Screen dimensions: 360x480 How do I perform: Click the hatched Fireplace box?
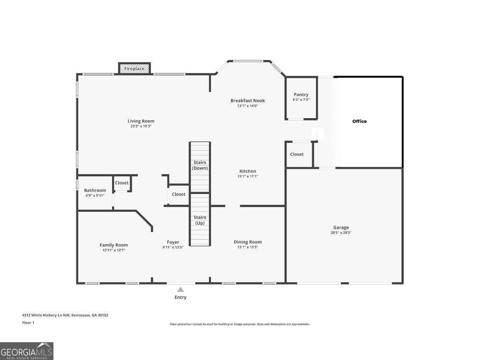[134, 68]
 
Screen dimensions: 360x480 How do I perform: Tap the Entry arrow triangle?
[180, 290]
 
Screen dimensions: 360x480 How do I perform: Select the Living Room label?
[141, 121]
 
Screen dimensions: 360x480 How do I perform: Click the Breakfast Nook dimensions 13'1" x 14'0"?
[247, 106]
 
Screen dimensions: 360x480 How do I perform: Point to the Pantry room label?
[301, 95]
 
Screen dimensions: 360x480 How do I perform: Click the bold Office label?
[360, 121]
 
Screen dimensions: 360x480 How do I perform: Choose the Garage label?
[341, 227]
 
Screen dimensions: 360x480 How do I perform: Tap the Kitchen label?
[247, 171]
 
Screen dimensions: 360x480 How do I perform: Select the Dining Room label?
[247, 242]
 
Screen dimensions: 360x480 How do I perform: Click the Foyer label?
[173, 242]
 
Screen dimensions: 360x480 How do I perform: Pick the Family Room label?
[113, 245]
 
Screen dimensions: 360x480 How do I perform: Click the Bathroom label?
[95, 190]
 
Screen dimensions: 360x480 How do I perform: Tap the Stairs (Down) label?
[200, 165]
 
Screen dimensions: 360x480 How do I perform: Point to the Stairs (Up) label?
[200, 220]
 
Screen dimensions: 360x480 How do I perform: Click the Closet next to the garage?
[297, 154]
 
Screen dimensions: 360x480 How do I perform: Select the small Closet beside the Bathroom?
[122, 183]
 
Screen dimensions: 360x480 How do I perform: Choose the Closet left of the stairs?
[179, 194]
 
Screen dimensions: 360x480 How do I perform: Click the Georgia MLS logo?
[27, 351]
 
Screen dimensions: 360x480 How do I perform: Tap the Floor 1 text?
[28, 323]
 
